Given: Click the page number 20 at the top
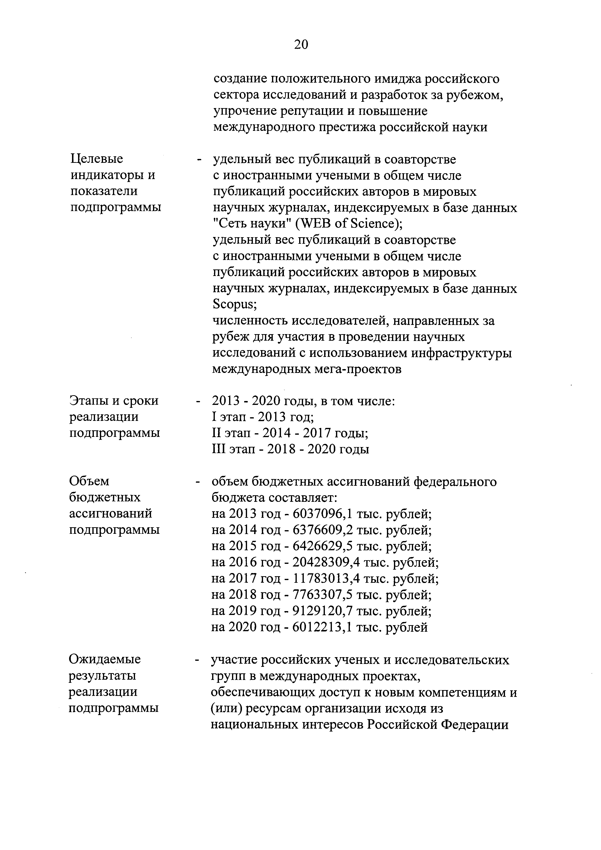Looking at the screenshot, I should [301, 45].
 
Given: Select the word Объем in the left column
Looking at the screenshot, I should [89, 481].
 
